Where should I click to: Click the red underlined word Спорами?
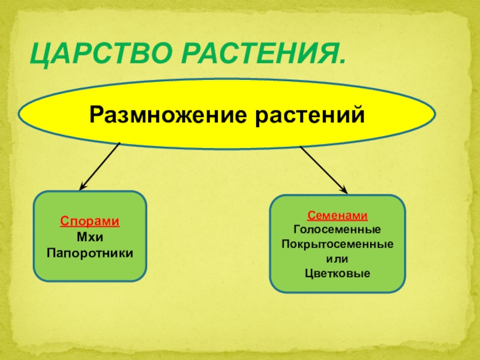(89, 221)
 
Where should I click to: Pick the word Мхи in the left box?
(89, 235)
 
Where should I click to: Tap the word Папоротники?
(89, 249)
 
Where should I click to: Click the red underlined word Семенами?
(338, 215)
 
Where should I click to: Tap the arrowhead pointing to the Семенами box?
(345, 190)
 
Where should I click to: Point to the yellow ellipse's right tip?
(434, 113)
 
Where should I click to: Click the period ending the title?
(343, 62)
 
